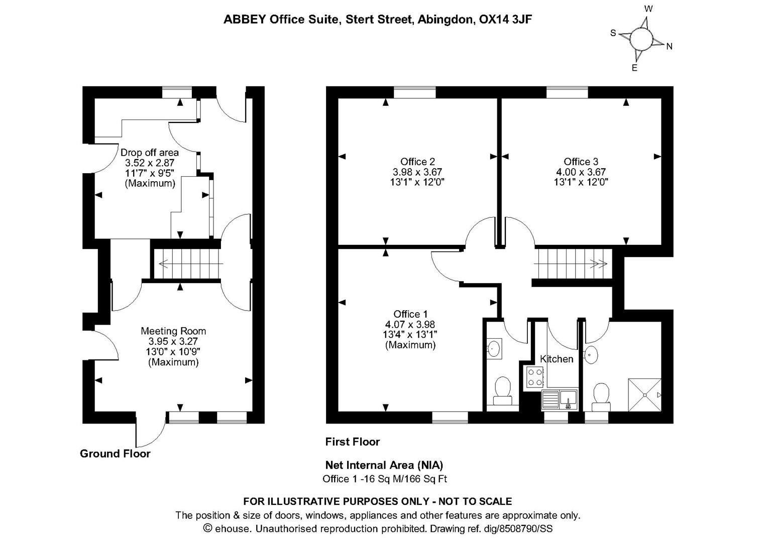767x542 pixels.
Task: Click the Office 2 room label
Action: [417, 162]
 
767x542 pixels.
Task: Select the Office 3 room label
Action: [581, 162]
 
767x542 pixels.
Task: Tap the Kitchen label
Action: [556, 359]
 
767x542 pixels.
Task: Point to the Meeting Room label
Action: [173, 331]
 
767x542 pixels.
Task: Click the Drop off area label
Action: [150, 152]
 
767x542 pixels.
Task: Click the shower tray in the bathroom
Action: [644, 395]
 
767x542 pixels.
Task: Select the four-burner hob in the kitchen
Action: [533, 377]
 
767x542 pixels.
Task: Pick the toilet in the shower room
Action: [601, 394]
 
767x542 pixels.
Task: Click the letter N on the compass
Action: [669, 47]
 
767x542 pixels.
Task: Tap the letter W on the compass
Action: [648, 9]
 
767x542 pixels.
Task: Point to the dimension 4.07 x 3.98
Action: [410, 325]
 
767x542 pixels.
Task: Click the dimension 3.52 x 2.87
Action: [150, 163]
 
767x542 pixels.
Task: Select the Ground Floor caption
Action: [115, 454]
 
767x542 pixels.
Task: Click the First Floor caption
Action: [352, 442]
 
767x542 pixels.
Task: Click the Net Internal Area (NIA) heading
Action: [384, 465]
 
